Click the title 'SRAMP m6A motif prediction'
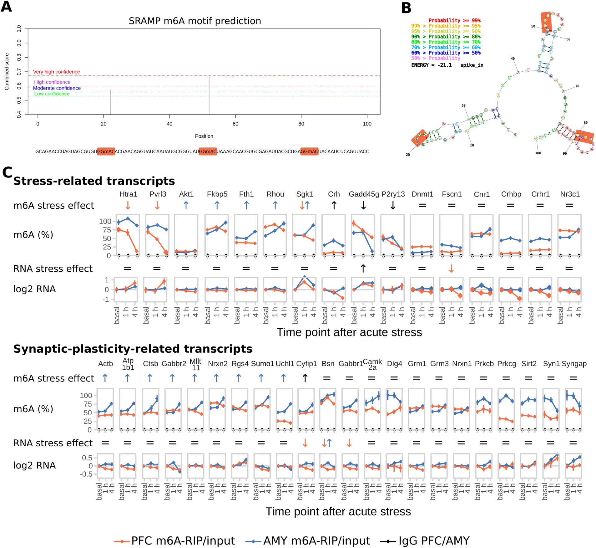[195, 21]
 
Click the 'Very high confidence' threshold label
[56, 72]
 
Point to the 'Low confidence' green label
[52, 94]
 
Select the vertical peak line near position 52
[209, 95]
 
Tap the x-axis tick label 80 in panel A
[301, 124]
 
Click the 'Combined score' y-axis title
[7, 72]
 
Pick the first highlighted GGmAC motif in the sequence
[106, 151]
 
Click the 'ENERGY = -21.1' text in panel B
[431, 65]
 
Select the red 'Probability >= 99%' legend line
[454, 20]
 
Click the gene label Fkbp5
[217, 194]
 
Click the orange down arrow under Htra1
[128, 205]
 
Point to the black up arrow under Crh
[334, 205]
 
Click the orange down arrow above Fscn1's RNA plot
[451, 269]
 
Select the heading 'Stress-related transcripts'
[94, 181]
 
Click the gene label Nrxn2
[218, 364]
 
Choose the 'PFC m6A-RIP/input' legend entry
[174, 540]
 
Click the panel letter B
[406, 8]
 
